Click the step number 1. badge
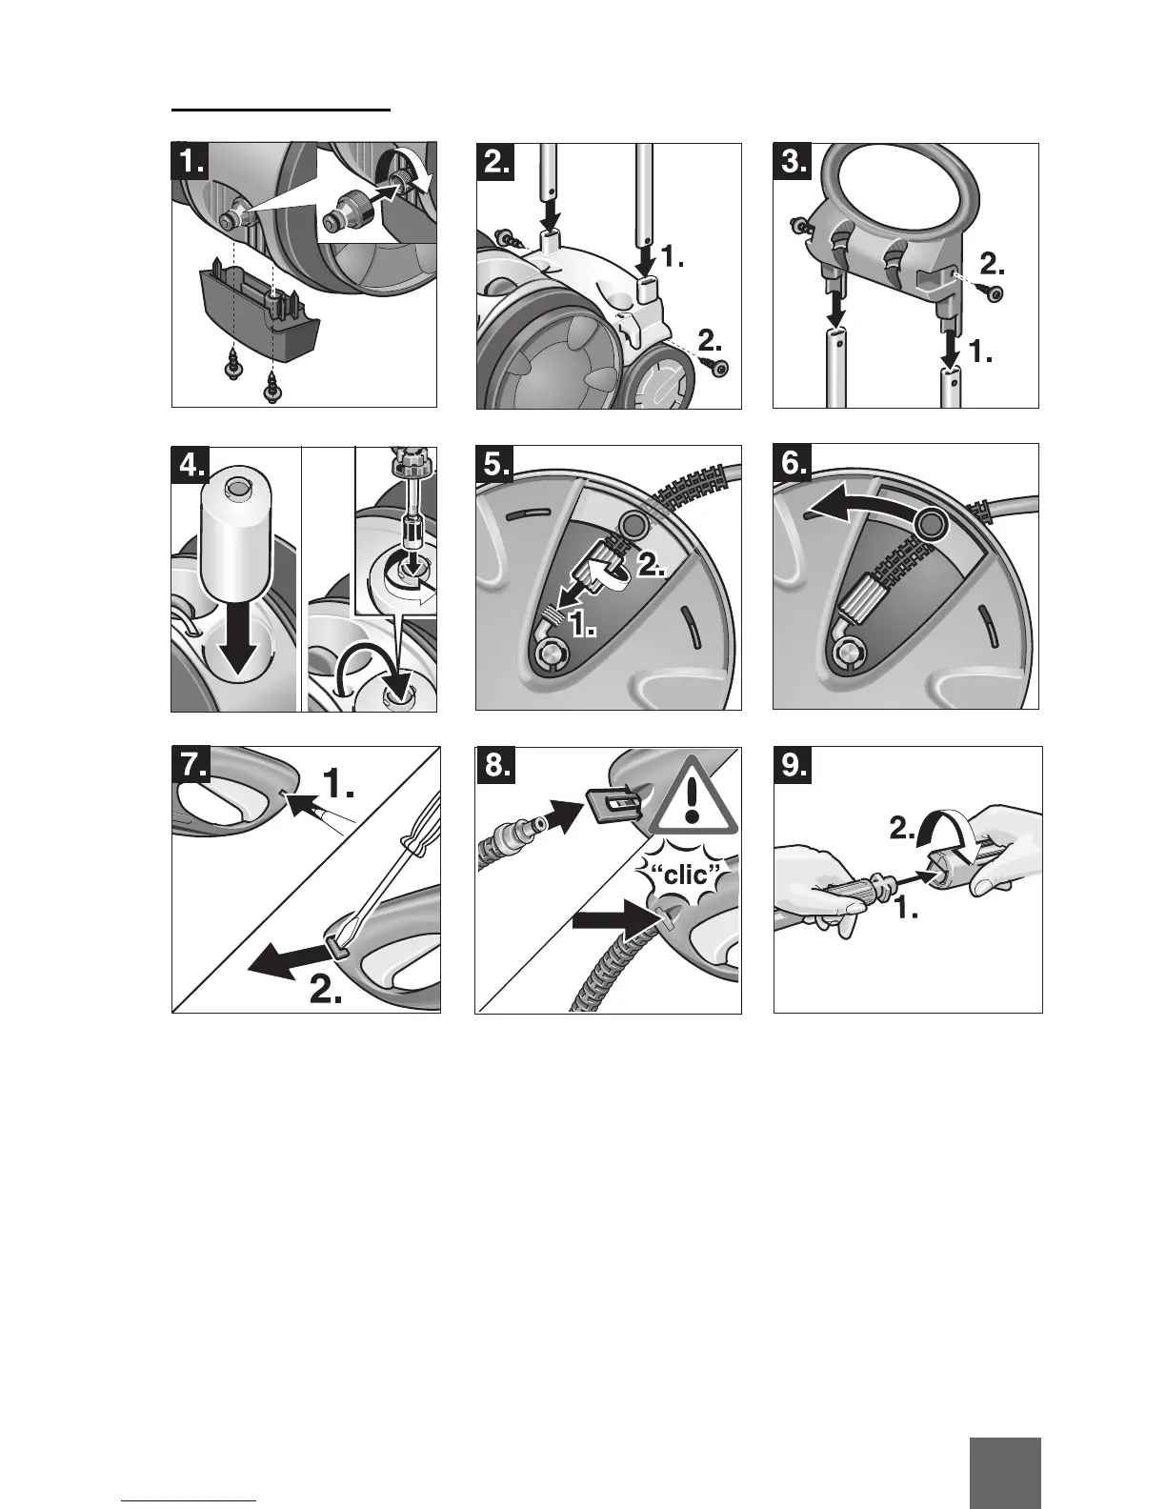click(190, 161)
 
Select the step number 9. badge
click(793, 765)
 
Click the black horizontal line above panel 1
click(281, 110)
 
